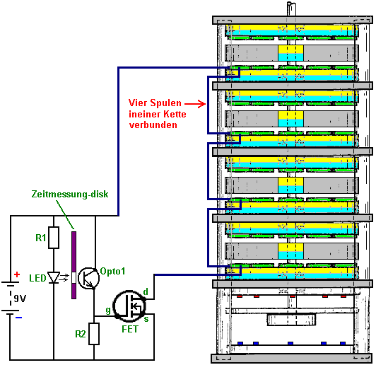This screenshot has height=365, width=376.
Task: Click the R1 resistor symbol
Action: (x=54, y=238)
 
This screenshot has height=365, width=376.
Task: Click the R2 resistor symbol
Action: (x=94, y=334)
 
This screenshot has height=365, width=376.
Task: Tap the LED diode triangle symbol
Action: (x=54, y=278)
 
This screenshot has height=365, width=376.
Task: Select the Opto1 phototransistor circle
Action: (x=89, y=278)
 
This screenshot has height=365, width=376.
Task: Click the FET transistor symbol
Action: (x=129, y=306)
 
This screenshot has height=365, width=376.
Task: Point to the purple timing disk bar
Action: (x=74, y=265)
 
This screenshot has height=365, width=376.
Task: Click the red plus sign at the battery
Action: (x=17, y=274)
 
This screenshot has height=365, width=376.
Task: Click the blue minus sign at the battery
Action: (x=18, y=318)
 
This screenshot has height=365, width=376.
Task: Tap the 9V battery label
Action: (x=20, y=299)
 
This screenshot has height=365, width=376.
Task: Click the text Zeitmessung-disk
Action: (x=70, y=194)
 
